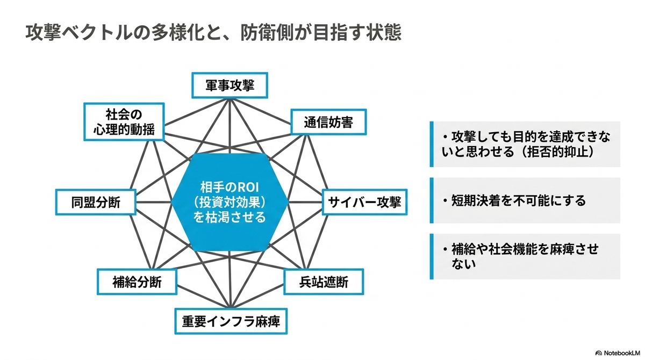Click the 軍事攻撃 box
pyautogui.click(x=230, y=85)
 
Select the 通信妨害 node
pyautogui.click(x=328, y=122)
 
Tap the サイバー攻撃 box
pyautogui.click(x=364, y=202)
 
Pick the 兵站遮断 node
pyautogui.click(x=324, y=282)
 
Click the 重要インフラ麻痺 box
pyautogui.click(x=231, y=321)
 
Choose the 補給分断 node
pyautogui.click(x=137, y=282)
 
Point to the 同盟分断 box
pyautogui.click(x=96, y=202)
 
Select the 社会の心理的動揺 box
pyautogui.click(x=124, y=122)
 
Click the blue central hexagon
pyautogui.click(x=230, y=202)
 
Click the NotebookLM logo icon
pyautogui.click(x=599, y=353)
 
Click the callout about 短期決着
pyautogui.click(x=525, y=200)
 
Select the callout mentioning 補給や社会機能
pyautogui.click(x=525, y=256)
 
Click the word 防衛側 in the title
pyautogui.click(x=267, y=33)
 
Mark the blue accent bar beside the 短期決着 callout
pyautogui.click(x=432, y=200)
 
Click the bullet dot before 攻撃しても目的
pyautogui.click(x=446, y=137)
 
